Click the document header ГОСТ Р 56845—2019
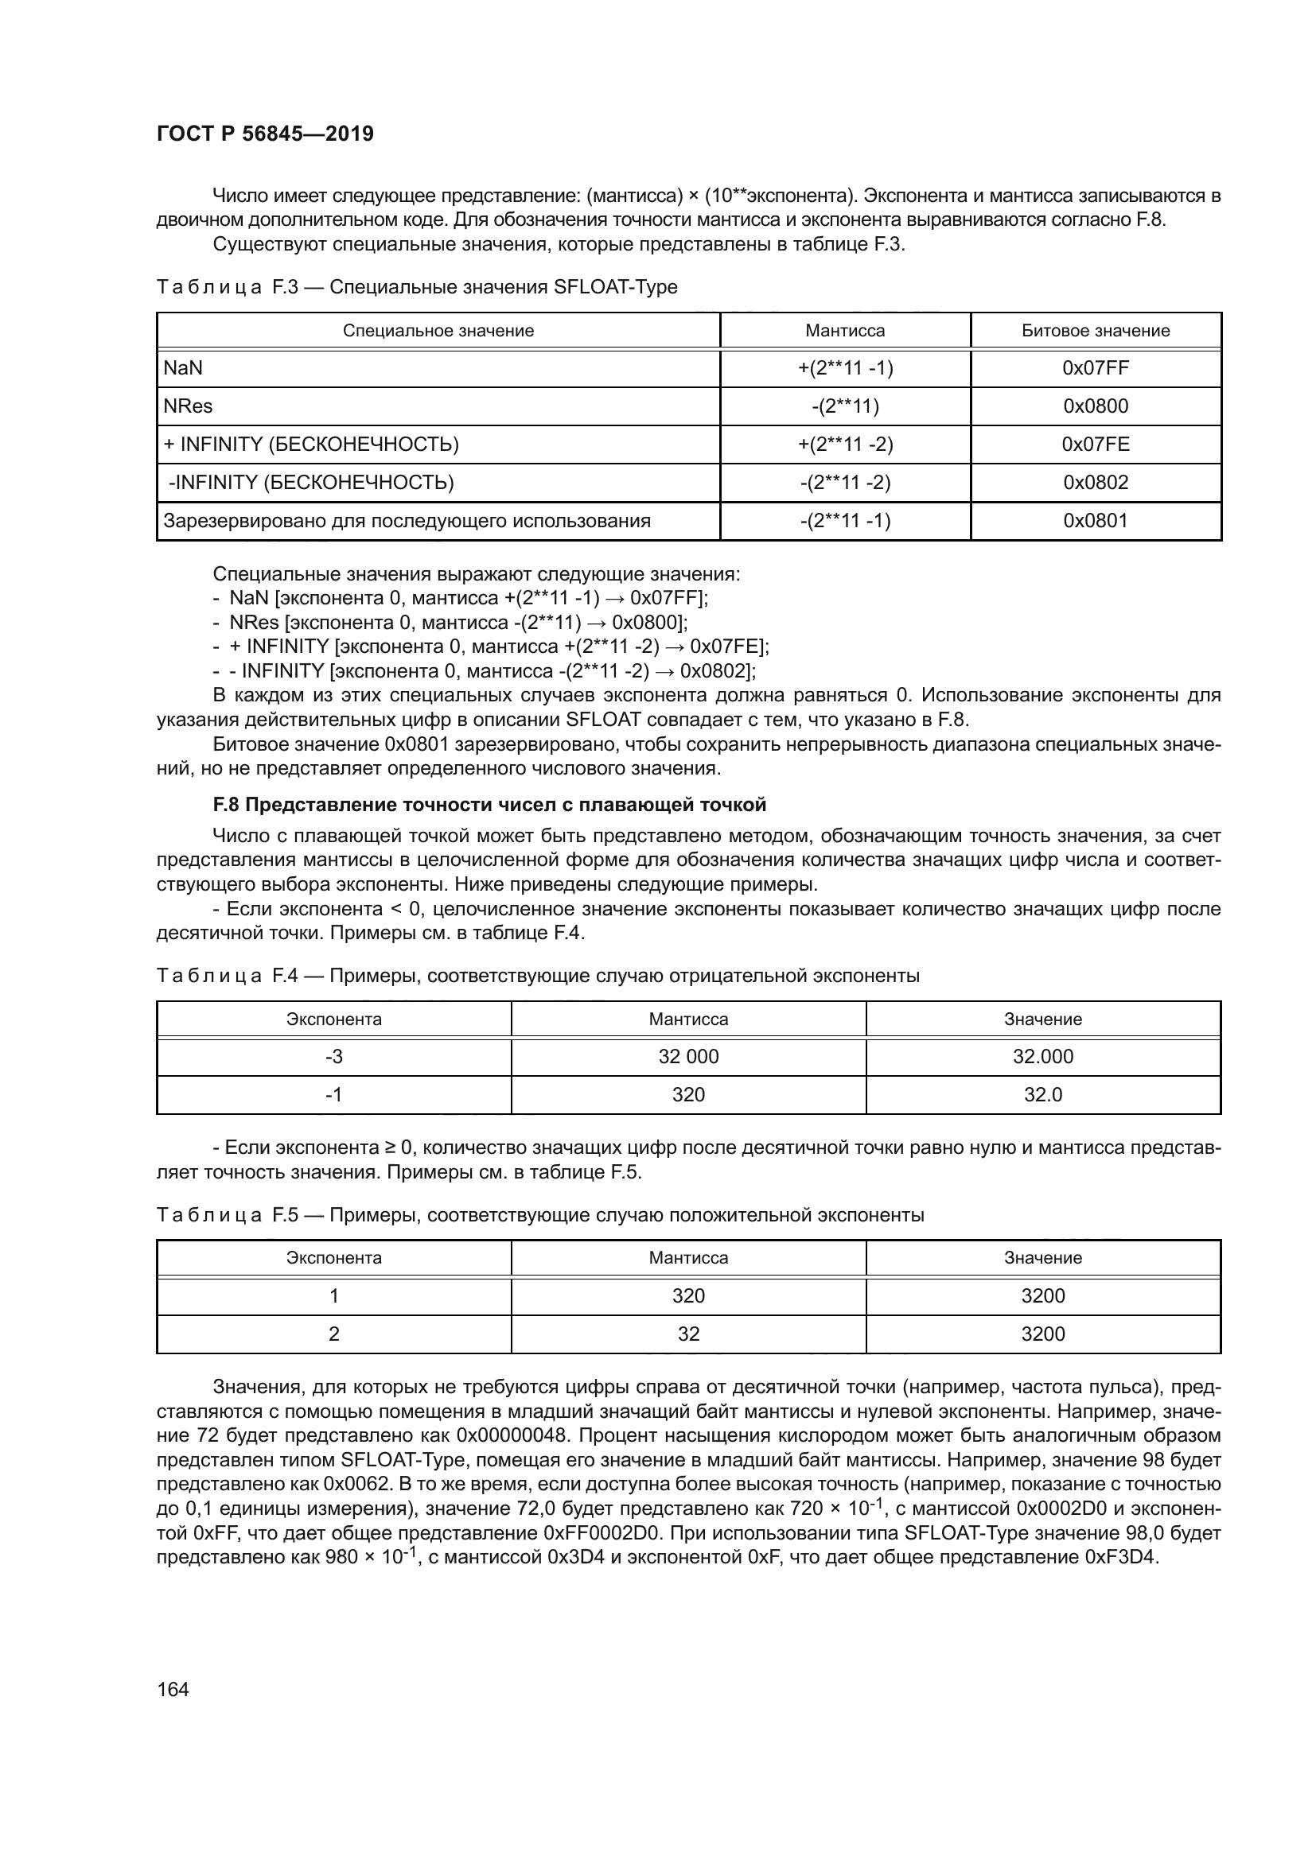pyautogui.click(x=265, y=134)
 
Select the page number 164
pyautogui.click(x=173, y=1689)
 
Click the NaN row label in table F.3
pyautogui.click(x=183, y=369)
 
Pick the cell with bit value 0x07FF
pyautogui.click(x=1095, y=369)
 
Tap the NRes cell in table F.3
pyautogui.click(x=188, y=406)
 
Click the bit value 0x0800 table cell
pyautogui.click(x=1095, y=406)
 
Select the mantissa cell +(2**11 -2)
pyautogui.click(x=844, y=445)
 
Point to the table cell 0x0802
pyautogui.click(x=1095, y=483)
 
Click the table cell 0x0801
pyautogui.click(x=1095, y=521)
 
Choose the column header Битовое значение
pyautogui.click(x=1095, y=331)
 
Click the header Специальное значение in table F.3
pyautogui.click(x=438, y=331)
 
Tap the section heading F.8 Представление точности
pyautogui.click(x=489, y=806)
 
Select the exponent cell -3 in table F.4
pyautogui.click(x=333, y=1057)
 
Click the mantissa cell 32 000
pyautogui.click(x=688, y=1057)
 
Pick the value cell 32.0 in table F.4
pyautogui.click(x=1042, y=1095)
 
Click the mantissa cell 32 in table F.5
pyautogui.click(x=688, y=1334)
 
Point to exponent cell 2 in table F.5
pyautogui.click(x=333, y=1334)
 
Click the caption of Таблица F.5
pyautogui.click(x=539, y=1215)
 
